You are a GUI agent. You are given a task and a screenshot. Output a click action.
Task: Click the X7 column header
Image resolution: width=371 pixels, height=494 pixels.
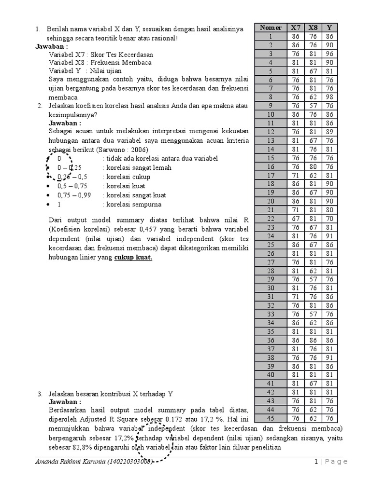coord(296,27)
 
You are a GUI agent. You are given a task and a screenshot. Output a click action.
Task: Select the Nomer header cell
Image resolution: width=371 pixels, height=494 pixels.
coord(271,27)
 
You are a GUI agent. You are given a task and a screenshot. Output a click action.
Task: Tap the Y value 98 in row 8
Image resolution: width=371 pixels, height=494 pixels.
coord(329,97)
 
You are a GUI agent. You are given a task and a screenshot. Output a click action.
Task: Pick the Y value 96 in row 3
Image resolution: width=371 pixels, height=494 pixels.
coord(329,54)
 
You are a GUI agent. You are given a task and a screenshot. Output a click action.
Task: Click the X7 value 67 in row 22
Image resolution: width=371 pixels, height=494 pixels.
coord(296,219)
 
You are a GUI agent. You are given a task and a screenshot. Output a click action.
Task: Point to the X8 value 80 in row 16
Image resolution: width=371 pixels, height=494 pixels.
coord(313,166)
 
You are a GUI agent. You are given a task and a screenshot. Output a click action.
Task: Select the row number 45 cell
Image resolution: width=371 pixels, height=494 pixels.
coord(271,418)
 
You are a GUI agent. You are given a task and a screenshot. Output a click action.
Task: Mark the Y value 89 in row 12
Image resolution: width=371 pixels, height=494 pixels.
coord(329,132)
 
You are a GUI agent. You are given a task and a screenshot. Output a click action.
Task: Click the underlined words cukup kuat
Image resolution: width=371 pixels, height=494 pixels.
coord(133,258)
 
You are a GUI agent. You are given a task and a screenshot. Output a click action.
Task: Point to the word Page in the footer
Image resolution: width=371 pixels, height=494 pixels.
coord(336,462)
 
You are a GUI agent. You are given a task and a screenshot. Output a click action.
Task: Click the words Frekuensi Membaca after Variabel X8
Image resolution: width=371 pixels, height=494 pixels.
coord(125,62)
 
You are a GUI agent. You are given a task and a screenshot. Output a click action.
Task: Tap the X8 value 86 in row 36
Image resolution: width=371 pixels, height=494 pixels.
coord(313,340)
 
